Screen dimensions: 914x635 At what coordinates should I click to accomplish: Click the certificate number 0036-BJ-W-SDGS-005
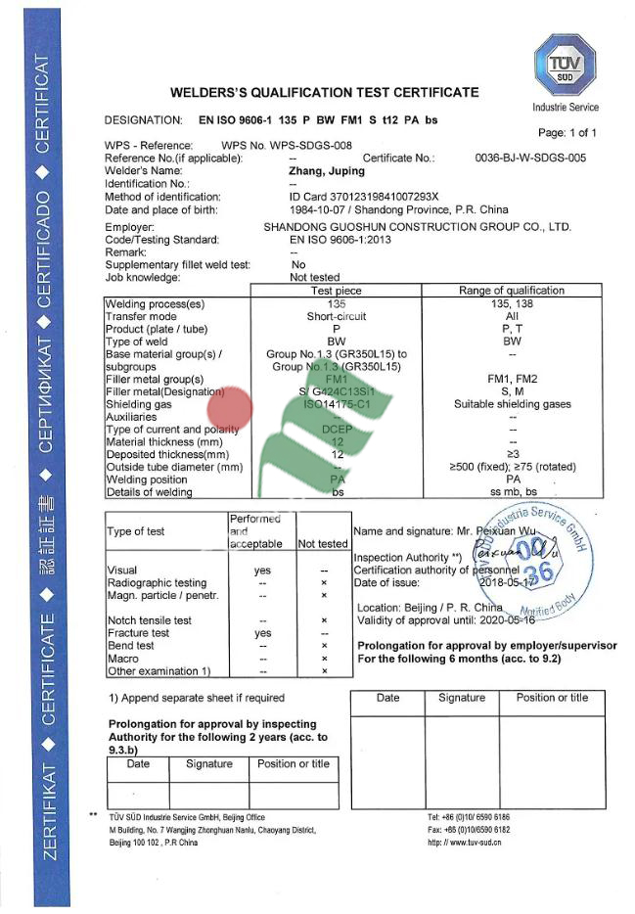(x=530, y=158)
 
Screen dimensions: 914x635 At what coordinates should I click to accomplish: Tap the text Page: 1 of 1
(x=567, y=133)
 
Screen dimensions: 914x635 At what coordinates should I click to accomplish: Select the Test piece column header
(x=336, y=291)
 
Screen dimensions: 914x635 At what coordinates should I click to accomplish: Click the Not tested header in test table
(x=322, y=543)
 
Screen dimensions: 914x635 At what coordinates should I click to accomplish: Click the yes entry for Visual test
(x=262, y=570)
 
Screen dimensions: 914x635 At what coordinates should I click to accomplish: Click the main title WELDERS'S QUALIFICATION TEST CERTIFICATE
(x=324, y=93)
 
